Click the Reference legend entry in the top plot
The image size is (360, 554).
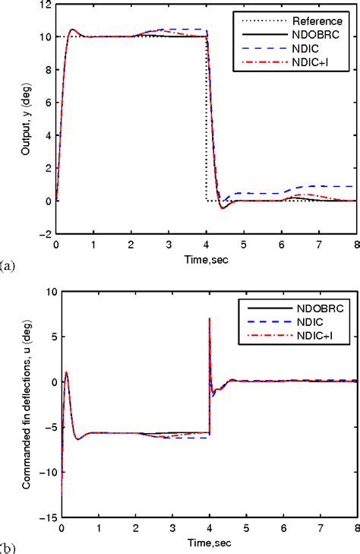tap(321, 21)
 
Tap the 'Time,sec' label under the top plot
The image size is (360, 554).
tap(207, 260)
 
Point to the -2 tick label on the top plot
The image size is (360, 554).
tap(45, 235)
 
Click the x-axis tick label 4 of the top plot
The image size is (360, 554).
tap(206, 245)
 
